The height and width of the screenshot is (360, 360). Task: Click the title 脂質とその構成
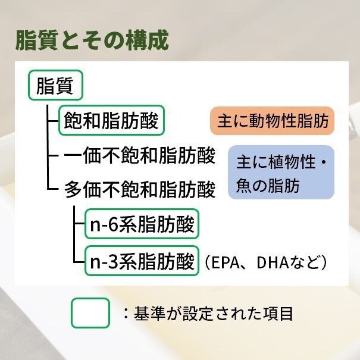(92, 40)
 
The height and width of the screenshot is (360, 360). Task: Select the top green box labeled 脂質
(55, 85)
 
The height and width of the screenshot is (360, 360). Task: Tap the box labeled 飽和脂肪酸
(112, 120)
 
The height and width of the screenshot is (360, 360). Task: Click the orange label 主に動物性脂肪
(272, 121)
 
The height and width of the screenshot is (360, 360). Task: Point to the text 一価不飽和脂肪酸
(140, 155)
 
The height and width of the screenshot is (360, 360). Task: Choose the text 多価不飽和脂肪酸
(140, 190)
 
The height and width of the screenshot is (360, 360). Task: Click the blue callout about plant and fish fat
(281, 172)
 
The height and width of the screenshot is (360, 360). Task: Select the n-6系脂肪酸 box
(142, 224)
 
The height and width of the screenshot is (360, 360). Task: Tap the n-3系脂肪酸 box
(142, 261)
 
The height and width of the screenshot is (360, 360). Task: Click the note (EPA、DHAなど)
(265, 262)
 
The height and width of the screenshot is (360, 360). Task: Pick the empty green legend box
(90, 313)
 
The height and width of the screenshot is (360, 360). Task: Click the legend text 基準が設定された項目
(214, 314)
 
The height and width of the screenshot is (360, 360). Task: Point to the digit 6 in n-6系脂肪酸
(112, 224)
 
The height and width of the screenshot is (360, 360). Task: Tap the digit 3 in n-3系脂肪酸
(112, 261)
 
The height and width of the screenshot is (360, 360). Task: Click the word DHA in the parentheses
(273, 262)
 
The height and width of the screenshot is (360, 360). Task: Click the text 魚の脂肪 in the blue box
(268, 186)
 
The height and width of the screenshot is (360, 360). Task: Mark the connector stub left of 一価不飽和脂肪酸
(53, 155)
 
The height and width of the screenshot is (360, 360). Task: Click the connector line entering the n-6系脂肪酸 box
(79, 223)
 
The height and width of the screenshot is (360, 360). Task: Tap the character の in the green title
(114, 40)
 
